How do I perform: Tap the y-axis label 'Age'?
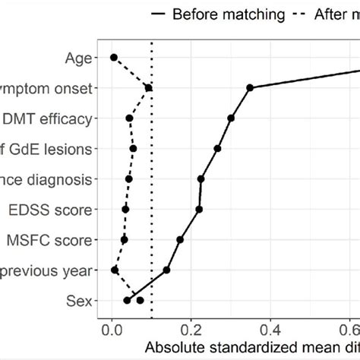pos(79,57)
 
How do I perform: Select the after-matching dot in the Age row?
pos(114,57)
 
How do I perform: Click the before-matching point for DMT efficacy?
pos(231,118)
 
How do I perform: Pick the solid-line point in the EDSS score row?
pos(199,209)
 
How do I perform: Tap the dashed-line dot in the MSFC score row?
pos(125,239)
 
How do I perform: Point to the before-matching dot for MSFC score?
pos(180,239)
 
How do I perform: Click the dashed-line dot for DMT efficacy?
pos(129,118)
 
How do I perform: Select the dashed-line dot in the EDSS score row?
pos(125,209)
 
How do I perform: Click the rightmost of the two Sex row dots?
pos(140,300)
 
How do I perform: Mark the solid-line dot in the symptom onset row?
pos(250,88)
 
